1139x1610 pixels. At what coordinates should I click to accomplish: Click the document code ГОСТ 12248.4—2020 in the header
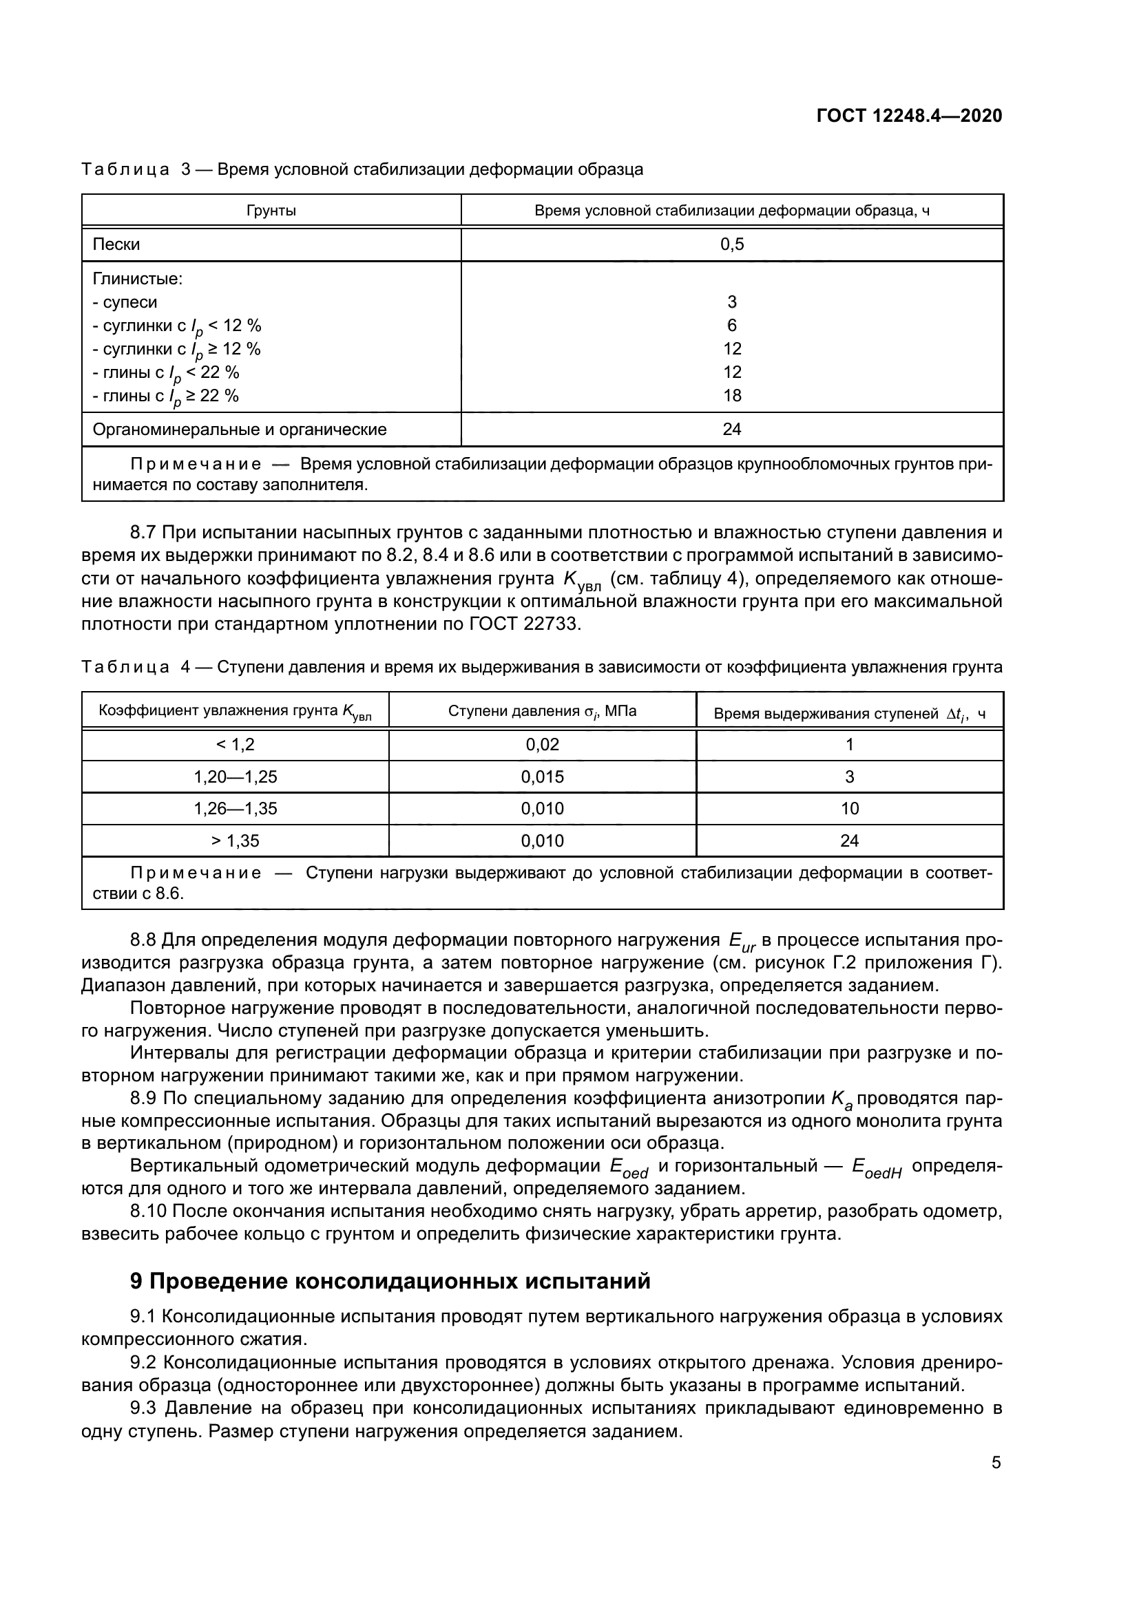tap(909, 116)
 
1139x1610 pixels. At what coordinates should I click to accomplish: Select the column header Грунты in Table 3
tap(271, 211)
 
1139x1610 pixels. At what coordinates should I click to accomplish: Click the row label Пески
tap(116, 245)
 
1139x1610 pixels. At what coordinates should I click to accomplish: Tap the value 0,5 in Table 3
tap(731, 245)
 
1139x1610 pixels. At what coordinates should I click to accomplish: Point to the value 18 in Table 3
tap(731, 396)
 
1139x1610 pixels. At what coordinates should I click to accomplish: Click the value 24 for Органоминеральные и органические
tap(731, 429)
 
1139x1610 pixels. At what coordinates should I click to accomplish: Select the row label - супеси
tap(125, 302)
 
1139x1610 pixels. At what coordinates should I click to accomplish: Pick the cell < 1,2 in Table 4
tap(235, 745)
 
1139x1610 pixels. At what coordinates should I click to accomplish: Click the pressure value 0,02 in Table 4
tap(542, 745)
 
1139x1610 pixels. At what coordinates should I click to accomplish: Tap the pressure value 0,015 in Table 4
tap(542, 777)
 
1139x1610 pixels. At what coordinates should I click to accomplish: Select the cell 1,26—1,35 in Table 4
tap(235, 809)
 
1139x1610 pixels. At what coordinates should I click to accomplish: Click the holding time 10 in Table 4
tap(849, 809)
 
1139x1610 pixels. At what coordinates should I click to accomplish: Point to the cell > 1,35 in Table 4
tap(235, 840)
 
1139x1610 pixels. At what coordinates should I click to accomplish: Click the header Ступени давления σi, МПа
tap(542, 711)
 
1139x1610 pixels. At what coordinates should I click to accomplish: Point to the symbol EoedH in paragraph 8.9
tap(876, 1167)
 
